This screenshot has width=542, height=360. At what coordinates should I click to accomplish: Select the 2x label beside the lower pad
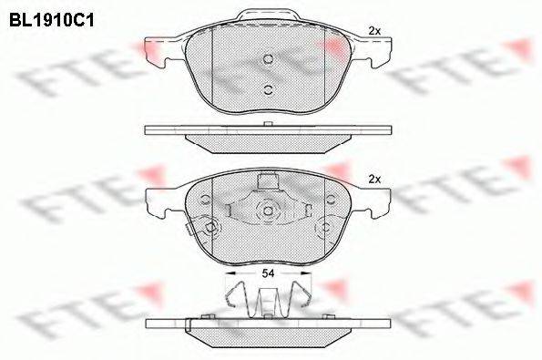tap(373, 179)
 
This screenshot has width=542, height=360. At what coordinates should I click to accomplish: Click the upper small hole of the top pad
tap(268, 60)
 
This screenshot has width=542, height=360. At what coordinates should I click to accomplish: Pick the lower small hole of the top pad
tap(268, 88)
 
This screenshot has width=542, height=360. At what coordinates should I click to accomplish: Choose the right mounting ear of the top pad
tap(377, 51)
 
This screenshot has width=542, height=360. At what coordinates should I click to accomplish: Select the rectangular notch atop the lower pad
tap(268, 180)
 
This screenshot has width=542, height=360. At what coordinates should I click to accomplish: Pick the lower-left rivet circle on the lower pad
tap(211, 228)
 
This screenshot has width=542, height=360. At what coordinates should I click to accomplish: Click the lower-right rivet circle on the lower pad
tap(324, 228)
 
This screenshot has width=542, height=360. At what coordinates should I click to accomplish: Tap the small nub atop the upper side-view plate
tap(268, 124)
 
